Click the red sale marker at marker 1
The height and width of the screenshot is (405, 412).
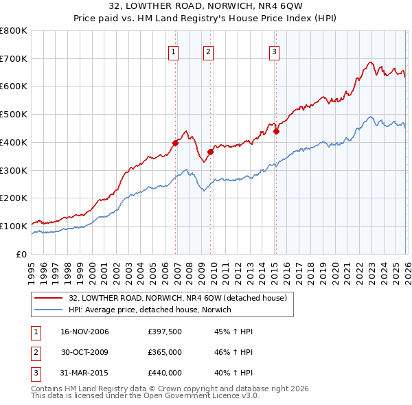click(x=176, y=143)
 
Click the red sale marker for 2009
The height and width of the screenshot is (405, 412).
click(x=211, y=152)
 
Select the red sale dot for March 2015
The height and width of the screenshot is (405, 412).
click(x=276, y=131)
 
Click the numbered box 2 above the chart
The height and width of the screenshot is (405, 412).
click(x=207, y=51)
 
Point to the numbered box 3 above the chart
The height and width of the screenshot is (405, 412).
click(x=273, y=51)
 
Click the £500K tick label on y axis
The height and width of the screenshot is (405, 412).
click(x=13, y=115)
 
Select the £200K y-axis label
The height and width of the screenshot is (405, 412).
click(x=13, y=198)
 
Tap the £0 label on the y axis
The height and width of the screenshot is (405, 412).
click(x=21, y=254)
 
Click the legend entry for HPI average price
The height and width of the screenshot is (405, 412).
click(x=150, y=310)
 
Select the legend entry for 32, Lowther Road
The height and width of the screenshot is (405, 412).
click(x=181, y=298)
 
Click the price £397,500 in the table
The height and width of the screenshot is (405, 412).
click(x=165, y=332)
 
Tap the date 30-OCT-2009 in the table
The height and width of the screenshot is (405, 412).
click(x=84, y=352)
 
